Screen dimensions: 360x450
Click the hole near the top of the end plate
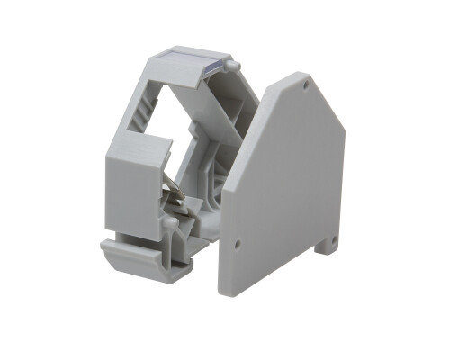click(x=306, y=87)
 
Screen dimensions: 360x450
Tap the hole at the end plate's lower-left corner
click(x=236, y=242)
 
